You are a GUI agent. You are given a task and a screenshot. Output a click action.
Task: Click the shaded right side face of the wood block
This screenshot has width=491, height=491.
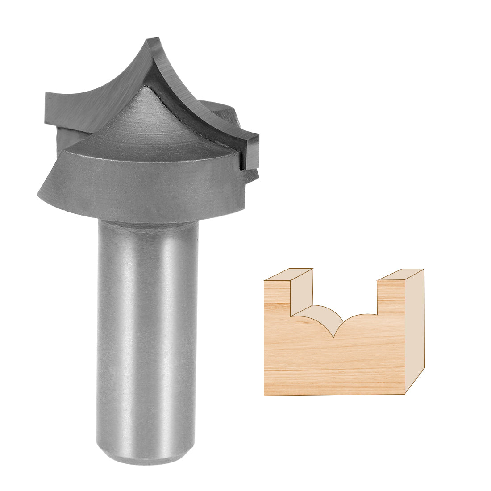(415, 330)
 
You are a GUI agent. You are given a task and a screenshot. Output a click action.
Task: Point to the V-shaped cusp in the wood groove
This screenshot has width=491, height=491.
(334, 336)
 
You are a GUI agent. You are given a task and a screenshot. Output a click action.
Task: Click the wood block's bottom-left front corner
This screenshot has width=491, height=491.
(265, 395)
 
